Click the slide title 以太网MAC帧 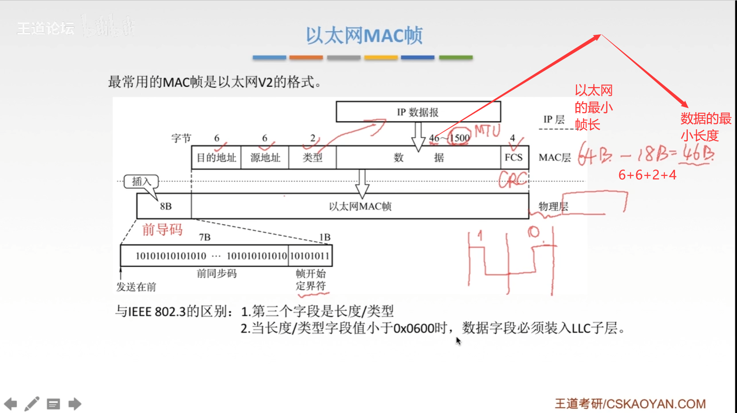(x=364, y=36)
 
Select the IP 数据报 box (x=418, y=112)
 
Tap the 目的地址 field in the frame (x=216, y=157)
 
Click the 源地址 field (x=265, y=157)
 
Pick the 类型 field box (x=312, y=157)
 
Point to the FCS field (x=514, y=157)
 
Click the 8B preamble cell (x=165, y=206)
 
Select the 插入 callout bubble (x=141, y=181)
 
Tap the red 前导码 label (x=162, y=230)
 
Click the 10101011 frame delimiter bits (x=310, y=256)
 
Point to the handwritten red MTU (x=487, y=131)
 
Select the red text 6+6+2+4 (x=647, y=175)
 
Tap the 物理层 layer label (x=553, y=206)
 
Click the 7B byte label (x=205, y=238)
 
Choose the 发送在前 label (x=136, y=287)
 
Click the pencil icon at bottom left (x=32, y=404)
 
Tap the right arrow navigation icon (x=75, y=404)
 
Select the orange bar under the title (x=306, y=58)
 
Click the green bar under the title (x=456, y=58)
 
